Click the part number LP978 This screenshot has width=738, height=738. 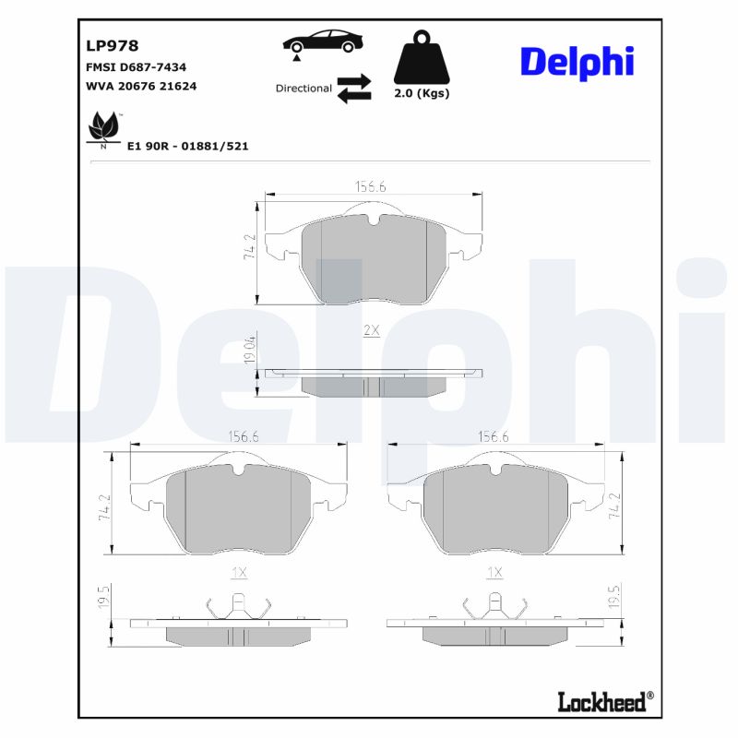coord(112,44)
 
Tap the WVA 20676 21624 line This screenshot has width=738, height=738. coord(141,86)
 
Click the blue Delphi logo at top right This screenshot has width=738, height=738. coord(577,61)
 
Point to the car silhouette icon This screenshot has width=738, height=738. coord(323,42)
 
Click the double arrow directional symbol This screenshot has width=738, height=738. coord(353,89)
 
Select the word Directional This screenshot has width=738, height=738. coord(304,89)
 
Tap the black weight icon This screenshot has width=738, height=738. coord(421,59)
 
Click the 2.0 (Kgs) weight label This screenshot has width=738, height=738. coord(422,94)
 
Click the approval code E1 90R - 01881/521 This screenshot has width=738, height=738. coord(187,146)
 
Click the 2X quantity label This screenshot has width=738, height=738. coord(372,329)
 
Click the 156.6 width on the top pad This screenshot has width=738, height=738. coord(371,186)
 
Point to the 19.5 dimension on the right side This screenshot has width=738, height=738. coord(613,598)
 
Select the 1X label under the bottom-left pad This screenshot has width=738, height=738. coord(239,572)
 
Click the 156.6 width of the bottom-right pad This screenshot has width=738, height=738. coord(494,437)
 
